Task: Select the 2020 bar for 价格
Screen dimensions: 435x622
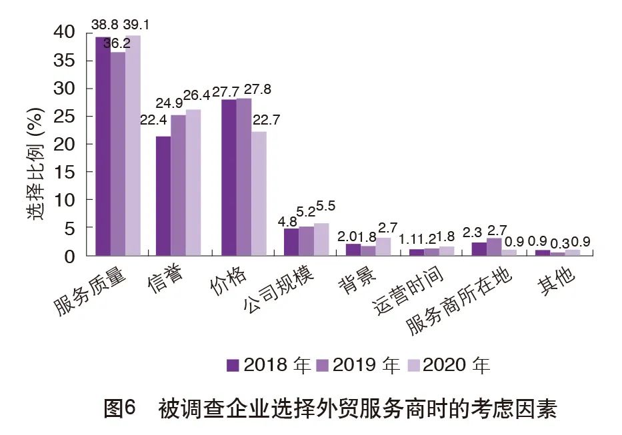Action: (259, 193)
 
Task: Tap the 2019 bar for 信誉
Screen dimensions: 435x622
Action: (178, 185)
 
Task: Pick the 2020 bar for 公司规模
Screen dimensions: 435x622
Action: (321, 239)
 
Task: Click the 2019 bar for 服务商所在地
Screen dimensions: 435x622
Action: (494, 246)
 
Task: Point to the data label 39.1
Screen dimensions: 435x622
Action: (135, 25)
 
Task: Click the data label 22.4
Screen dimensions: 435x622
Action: (153, 120)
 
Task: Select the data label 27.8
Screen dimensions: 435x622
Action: (258, 89)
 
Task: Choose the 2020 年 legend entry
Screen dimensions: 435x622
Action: (448, 365)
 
